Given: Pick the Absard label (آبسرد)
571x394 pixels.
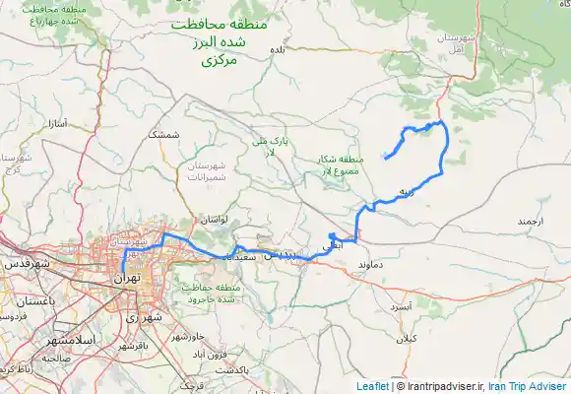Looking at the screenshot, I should coord(400,307).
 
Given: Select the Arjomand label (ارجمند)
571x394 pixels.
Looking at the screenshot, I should coord(529,223).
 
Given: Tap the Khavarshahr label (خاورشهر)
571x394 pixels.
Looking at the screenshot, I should coord(190,337).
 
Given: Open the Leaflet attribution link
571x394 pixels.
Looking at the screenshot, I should coord(372,386).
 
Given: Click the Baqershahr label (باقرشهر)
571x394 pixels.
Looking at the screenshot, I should coord(130,347).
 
